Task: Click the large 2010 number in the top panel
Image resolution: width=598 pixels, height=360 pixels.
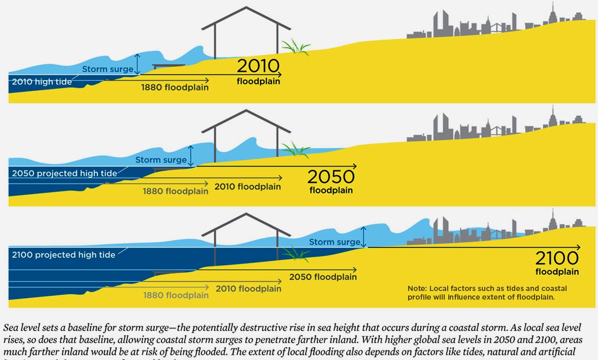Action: (258, 67)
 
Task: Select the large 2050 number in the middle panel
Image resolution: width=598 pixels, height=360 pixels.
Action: (330, 177)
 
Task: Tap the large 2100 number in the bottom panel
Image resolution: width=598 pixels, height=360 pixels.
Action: (556, 258)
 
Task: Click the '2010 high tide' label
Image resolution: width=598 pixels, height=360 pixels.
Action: (42, 82)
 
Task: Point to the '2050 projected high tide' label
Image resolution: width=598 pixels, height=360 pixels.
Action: (64, 173)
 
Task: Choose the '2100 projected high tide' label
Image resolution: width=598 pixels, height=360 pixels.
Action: (63, 254)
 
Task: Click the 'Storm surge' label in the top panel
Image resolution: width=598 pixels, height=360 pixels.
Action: (108, 69)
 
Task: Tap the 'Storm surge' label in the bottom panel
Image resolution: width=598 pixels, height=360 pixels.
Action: (335, 242)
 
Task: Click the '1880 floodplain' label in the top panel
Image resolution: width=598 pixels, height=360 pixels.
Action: (175, 87)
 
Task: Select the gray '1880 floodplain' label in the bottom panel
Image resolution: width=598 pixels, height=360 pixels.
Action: (176, 295)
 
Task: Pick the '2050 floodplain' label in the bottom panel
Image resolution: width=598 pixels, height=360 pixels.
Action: (323, 277)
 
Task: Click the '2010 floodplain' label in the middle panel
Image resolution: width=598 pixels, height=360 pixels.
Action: (247, 187)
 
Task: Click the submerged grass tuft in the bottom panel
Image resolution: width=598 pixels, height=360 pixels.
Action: (296, 253)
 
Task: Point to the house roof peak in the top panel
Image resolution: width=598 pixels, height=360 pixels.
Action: (246, 8)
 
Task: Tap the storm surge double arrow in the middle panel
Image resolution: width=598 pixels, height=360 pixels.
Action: (191, 155)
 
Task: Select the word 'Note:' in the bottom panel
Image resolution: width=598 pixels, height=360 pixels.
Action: (417, 288)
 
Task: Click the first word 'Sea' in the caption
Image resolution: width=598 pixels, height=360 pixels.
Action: (11, 328)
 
